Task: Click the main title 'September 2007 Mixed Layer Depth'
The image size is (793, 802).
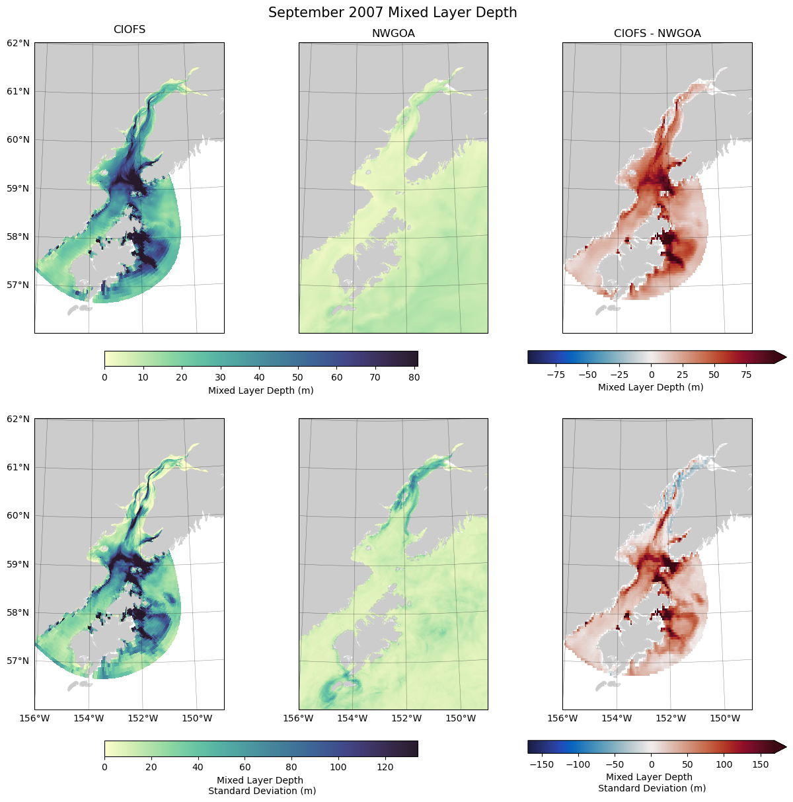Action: point(393,13)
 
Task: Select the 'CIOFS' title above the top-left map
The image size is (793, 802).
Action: point(130,30)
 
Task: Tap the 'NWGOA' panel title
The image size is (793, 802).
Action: point(393,33)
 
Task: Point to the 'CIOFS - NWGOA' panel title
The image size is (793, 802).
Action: point(657,33)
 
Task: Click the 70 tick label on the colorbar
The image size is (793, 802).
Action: point(376,377)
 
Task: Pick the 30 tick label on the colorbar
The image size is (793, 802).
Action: point(221,377)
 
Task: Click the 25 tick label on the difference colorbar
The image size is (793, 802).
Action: point(683,375)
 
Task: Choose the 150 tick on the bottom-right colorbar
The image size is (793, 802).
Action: point(761,764)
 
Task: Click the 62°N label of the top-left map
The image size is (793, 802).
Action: point(19,43)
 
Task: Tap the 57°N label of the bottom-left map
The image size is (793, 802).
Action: point(19,661)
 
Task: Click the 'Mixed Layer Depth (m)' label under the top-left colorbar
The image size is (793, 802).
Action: point(260,390)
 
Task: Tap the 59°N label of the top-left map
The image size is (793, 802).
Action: point(19,188)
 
